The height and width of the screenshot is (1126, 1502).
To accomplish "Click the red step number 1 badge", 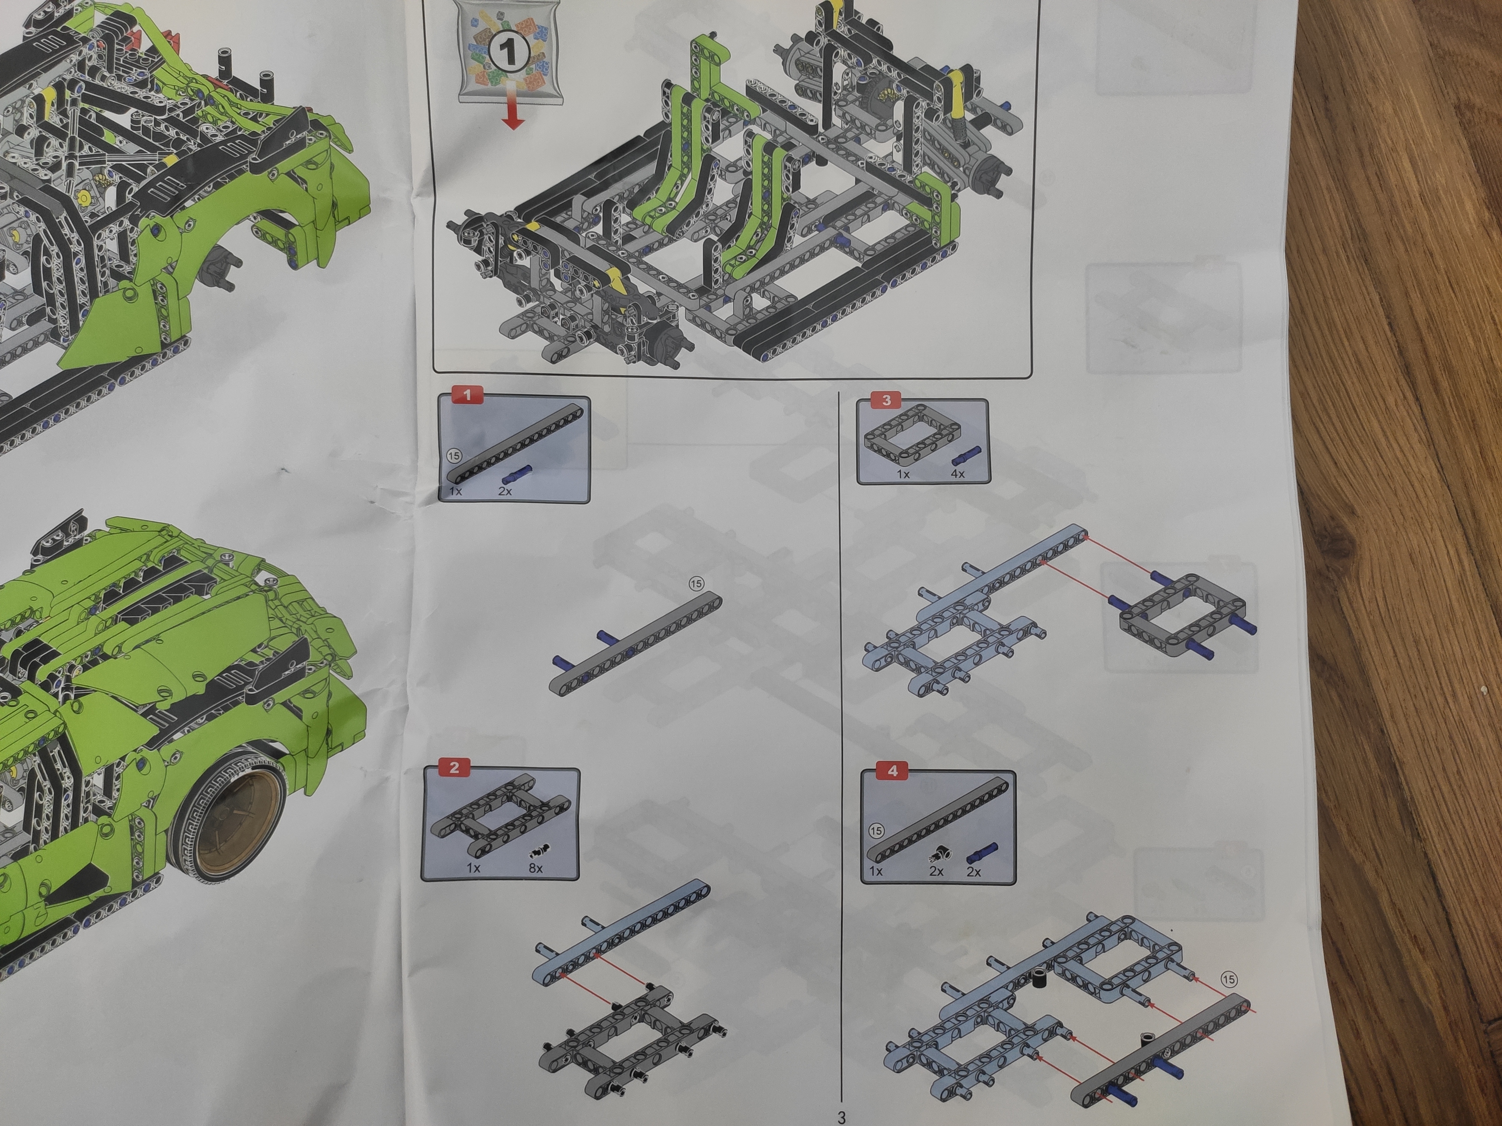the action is tap(468, 394).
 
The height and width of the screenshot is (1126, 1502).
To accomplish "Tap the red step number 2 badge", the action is tap(454, 768).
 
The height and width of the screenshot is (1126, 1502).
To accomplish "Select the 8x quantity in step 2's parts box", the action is tap(536, 867).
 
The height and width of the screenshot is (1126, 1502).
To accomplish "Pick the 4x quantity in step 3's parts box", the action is tap(958, 473).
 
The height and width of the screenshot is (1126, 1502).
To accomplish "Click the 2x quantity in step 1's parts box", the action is tap(505, 490).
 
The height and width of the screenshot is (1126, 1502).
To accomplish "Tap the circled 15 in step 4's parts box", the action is tap(877, 831).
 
